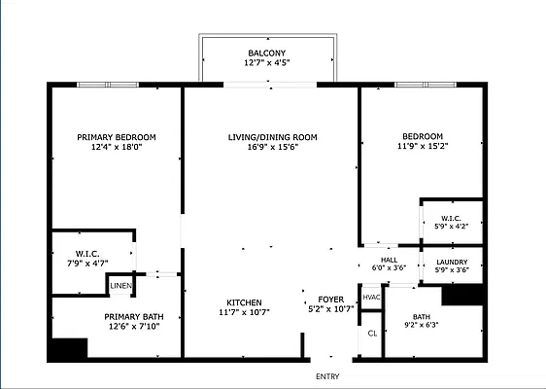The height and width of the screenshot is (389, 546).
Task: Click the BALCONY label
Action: click(267, 53)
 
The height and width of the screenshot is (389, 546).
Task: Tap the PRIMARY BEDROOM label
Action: click(117, 137)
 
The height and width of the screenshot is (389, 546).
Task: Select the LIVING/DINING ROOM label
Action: click(273, 137)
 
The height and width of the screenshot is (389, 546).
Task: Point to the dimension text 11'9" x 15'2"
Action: click(423, 146)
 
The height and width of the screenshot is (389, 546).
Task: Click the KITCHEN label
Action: click(244, 302)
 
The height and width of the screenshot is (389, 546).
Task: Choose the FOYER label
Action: click(330, 300)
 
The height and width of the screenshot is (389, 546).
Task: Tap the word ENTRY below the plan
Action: click(327, 376)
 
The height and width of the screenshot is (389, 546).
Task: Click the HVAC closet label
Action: click(371, 298)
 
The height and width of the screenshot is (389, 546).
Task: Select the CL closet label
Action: click(372, 334)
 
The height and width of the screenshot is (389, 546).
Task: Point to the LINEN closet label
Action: click(120, 286)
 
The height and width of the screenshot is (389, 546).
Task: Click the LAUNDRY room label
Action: click(452, 263)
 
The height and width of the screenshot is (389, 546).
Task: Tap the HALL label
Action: click(389, 260)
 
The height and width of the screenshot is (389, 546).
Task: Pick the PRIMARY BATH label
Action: click(134, 317)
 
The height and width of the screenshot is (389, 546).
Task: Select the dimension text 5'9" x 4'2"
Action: click(452, 226)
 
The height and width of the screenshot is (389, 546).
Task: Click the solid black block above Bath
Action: click(462, 296)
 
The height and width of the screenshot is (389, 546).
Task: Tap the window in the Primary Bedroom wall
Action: click(108, 85)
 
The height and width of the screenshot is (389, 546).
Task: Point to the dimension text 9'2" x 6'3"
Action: click(422, 325)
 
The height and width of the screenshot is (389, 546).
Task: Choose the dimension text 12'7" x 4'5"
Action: click(267, 63)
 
